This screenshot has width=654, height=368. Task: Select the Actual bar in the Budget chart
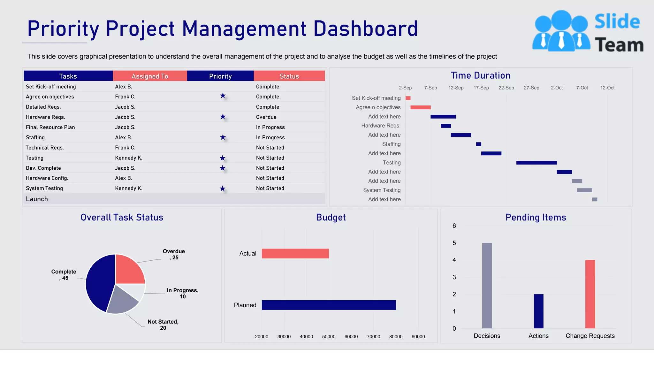tap(295, 253)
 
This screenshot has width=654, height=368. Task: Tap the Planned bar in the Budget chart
tap(329, 305)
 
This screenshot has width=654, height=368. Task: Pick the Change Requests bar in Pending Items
tap(590, 294)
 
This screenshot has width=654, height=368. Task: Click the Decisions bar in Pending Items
tap(487, 285)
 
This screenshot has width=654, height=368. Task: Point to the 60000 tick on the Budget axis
tap(351, 336)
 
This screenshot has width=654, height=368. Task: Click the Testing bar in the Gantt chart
tap(536, 163)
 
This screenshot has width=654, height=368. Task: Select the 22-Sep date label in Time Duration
tap(506, 88)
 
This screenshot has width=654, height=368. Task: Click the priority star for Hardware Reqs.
tap(223, 117)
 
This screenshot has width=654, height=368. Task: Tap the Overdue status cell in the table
tap(266, 117)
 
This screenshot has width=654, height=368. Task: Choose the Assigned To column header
tap(150, 76)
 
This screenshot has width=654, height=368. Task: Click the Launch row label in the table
tap(37, 199)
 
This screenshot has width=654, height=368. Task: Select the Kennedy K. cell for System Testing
tap(128, 188)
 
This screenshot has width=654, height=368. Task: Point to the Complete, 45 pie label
tap(64, 274)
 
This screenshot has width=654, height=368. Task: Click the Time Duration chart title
tap(480, 75)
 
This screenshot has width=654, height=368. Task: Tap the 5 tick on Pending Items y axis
tap(454, 243)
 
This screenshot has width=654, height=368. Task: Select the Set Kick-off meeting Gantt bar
tap(408, 98)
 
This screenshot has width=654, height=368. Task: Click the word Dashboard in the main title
tap(365, 29)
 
